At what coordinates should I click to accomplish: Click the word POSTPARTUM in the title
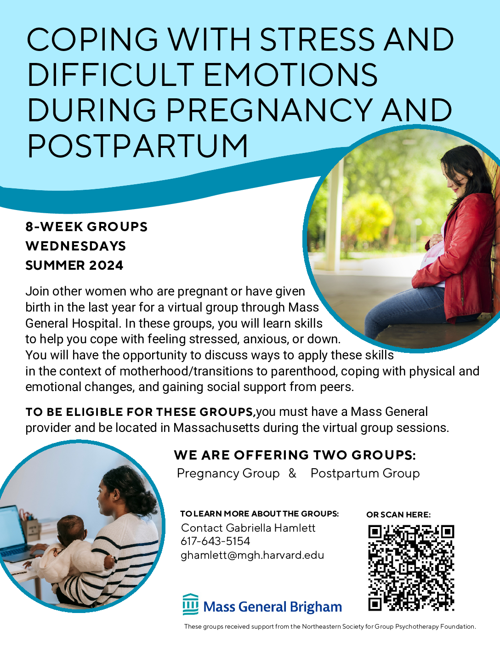(x=137, y=146)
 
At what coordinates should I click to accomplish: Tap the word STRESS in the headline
(x=317, y=39)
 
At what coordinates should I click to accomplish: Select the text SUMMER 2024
(x=74, y=265)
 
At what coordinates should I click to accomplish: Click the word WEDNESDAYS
(x=76, y=246)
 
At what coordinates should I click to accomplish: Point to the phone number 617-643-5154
(x=216, y=541)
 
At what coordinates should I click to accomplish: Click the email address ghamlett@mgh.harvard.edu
(x=252, y=555)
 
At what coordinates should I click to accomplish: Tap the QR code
(x=411, y=568)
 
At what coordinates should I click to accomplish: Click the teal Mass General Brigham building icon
(x=191, y=604)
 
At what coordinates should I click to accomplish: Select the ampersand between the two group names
(x=292, y=473)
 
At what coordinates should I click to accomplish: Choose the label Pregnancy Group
(x=228, y=473)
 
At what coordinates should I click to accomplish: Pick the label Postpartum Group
(x=365, y=473)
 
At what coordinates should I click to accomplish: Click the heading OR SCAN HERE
(x=398, y=515)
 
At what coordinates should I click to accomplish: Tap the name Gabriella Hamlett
(x=270, y=528)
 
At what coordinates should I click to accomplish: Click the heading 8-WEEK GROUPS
(x=86, y=227)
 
